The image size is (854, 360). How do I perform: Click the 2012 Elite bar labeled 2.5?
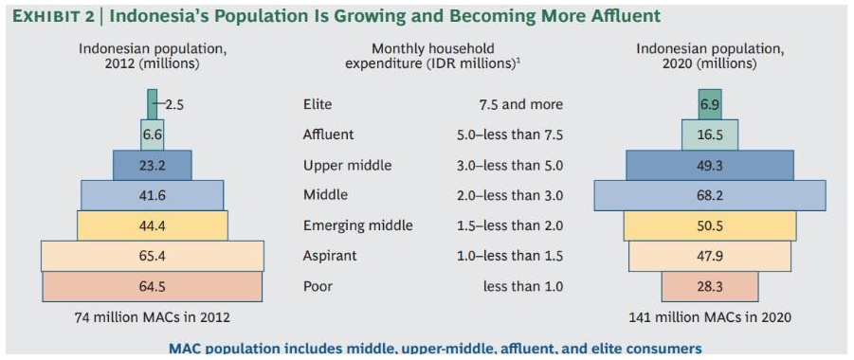[152, 104]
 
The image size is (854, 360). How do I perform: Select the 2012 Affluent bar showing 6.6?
[152, 135]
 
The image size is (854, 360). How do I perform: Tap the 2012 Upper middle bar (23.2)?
[153, 165]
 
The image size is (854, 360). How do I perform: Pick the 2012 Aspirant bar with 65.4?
[152, 256]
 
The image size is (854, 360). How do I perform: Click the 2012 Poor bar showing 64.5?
[152, 286]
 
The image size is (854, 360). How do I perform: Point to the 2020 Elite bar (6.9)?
[710, 104]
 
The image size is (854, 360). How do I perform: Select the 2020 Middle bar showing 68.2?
[710, 195]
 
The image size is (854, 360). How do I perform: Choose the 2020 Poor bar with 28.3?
[710, 286]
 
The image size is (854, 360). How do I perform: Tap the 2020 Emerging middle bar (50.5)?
[710, 225]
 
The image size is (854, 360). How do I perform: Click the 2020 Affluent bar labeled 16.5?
[710, 135]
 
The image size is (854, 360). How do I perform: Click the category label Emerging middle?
[358, 225]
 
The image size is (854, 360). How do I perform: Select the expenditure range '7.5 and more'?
[519, 104]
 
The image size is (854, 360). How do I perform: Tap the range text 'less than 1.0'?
[522, 286]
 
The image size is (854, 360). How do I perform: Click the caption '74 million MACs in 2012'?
[152, 317]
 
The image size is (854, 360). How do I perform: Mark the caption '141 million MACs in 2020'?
[710, 317]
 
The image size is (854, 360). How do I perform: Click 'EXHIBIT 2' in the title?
[50, 16]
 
